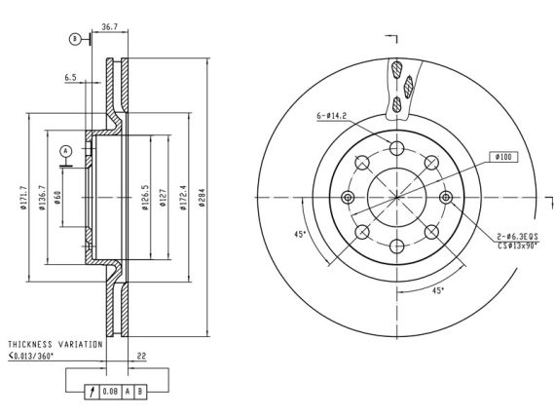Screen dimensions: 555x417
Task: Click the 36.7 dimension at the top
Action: coord(109,27)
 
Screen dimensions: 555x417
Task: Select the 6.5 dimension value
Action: coord(70,78)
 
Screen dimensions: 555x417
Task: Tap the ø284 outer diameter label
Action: coord(202,198)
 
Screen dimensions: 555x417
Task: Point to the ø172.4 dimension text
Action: coord(183,198)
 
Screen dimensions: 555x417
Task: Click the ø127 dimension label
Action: coord(164,198)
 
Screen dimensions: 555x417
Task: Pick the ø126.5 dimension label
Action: coord(145,198)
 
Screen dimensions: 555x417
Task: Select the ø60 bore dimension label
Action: coord(57,198)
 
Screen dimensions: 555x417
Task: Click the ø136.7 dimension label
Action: coord(42,198)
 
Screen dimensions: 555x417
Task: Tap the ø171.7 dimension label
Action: coord(23,198)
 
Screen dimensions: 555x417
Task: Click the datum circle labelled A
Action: coord(66,151)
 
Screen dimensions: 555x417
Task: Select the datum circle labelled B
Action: coord(74,39)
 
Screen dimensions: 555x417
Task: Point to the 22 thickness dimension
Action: coord(141,356)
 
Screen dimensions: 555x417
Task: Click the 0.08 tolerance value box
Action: coord(110,392)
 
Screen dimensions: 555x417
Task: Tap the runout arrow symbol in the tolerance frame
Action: coord(92,392)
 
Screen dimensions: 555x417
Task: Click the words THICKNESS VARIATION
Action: coord(55,344)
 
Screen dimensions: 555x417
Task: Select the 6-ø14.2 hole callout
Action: coord(332,116)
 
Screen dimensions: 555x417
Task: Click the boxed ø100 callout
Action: coord(503,157)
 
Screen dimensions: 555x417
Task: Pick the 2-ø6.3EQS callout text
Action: coord(517,237)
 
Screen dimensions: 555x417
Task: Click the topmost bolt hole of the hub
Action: coord(397,148)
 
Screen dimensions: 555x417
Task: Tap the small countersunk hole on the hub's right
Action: coord(446,198)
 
